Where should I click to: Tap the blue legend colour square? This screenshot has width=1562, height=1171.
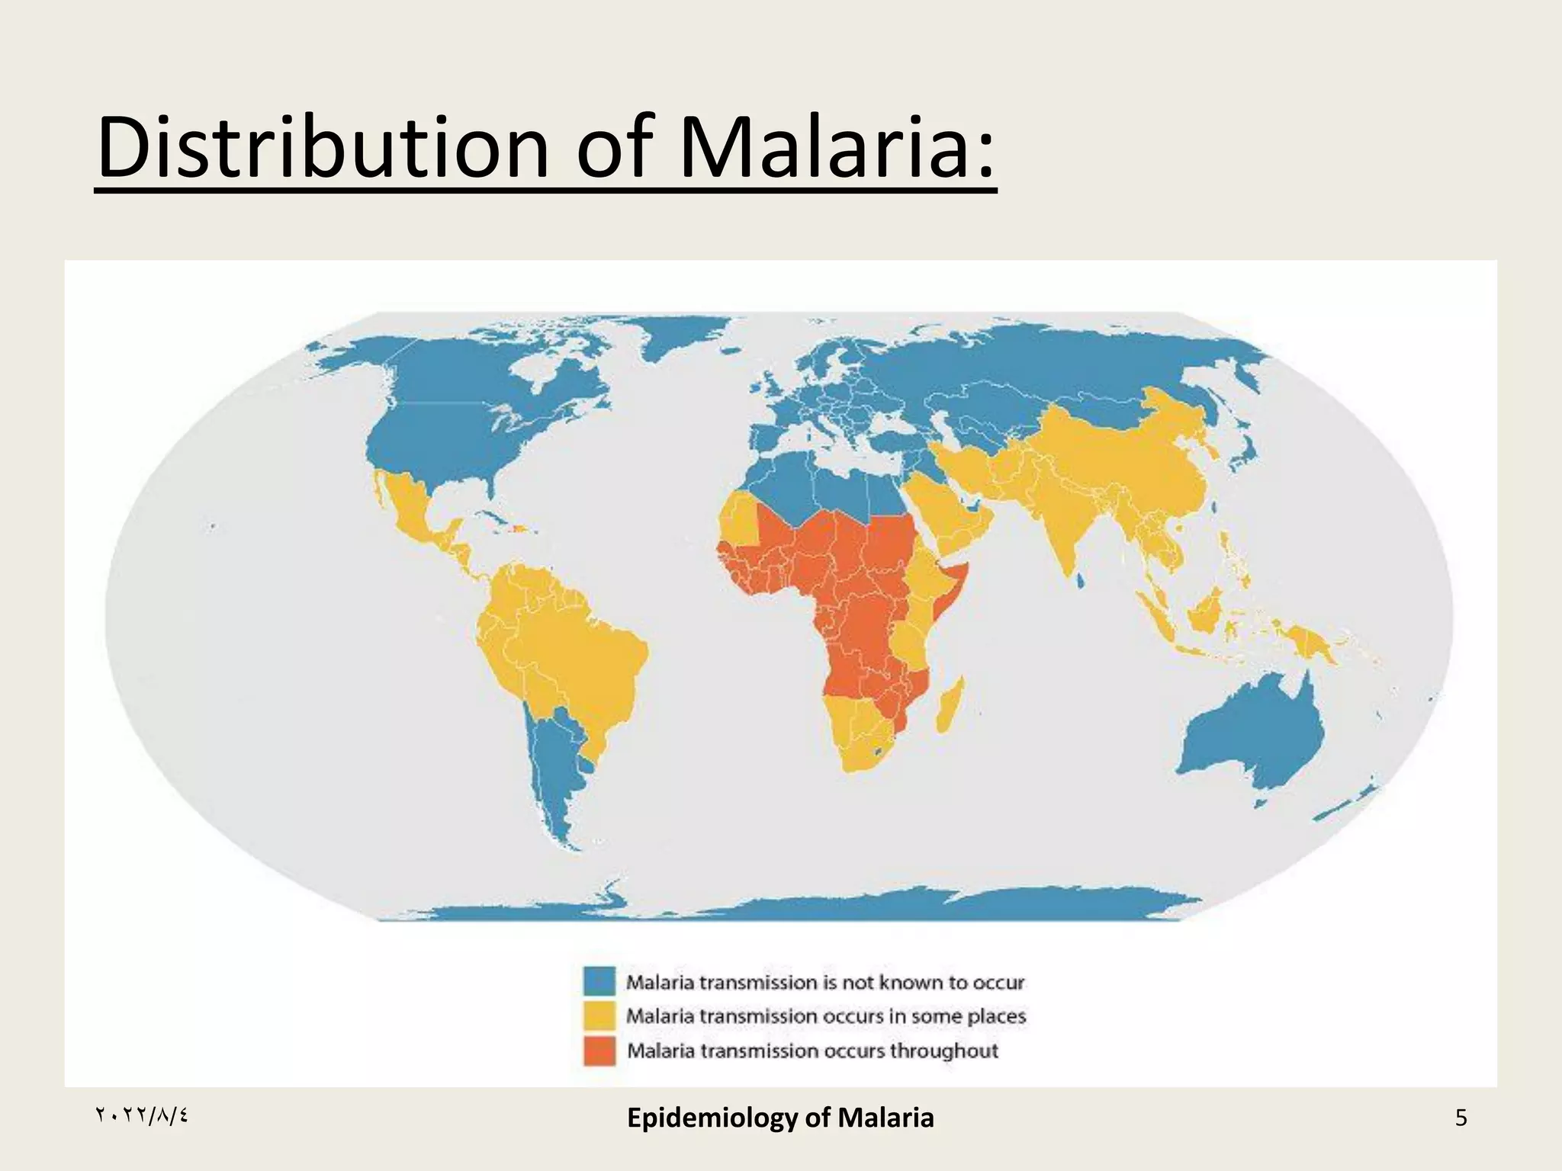point(599,981)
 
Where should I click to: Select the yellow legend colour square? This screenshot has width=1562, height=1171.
point(599,1015)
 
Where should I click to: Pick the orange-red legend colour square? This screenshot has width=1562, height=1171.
point(599,1051)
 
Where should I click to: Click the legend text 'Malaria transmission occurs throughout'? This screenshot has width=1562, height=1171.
point(812,1051)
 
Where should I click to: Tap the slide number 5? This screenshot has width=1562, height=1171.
point(1461,1118)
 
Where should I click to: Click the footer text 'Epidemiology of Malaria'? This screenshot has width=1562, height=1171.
point(780,1118)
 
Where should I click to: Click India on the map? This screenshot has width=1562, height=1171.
point(1068,526)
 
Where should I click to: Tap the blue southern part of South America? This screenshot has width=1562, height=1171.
point(557,770)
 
